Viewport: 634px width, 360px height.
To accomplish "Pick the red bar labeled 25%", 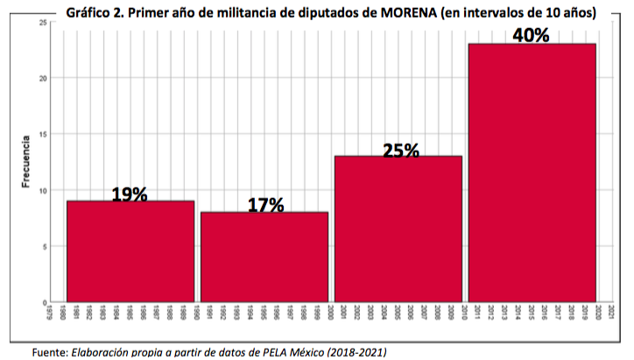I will click(398, 229).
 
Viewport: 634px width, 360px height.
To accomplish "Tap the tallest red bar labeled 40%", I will click(532, 173).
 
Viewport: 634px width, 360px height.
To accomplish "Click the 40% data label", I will click(532, 35).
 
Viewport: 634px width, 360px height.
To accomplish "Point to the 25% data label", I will click(401, 150).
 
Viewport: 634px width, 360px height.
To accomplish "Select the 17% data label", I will click(265, 205).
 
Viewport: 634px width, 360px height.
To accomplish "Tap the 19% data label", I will click(130, 194).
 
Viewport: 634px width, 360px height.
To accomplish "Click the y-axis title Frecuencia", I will click(26, 162).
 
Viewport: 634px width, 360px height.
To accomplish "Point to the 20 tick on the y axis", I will click(44, 78).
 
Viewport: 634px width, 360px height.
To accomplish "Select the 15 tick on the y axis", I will click(44, 134).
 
